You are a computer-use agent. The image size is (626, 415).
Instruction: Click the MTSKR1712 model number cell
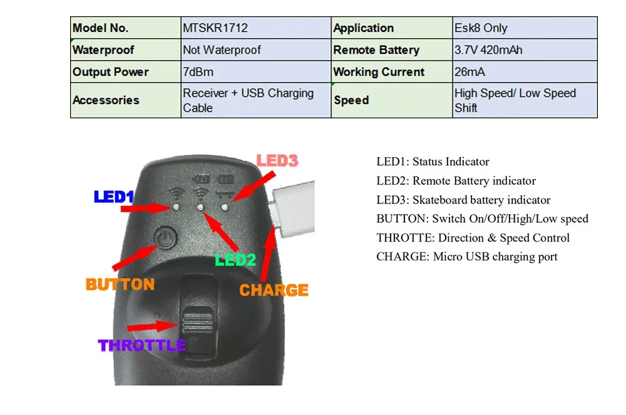click(x=215, y=28)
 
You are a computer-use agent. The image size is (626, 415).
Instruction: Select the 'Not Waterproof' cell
click(x=222, y=50)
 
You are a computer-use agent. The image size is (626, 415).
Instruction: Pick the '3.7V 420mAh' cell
click(x=488, y=50)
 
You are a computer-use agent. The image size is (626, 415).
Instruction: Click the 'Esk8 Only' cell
click(x=481, y=28)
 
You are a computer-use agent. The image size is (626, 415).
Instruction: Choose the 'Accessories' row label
click(x=106, y=100)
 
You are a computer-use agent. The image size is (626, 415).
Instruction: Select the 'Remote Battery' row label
click(x=376, y=50)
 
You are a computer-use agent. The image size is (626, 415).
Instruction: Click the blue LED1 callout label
click(x=114, y=197)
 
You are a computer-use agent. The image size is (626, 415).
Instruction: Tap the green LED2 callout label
click(x=235, y=260)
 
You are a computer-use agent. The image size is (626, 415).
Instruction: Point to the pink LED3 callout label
click(x=277, y=161)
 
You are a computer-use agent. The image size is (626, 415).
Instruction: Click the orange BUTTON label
click(x=120, y=285)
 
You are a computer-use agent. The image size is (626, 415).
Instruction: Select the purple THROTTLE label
click(x=142, y=345)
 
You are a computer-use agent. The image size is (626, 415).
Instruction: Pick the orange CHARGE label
click(x=274, y=290)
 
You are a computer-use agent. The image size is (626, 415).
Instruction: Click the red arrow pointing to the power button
click(x=135, y=257)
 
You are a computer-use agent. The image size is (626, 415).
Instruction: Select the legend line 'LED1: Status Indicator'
click(x=433, y=162)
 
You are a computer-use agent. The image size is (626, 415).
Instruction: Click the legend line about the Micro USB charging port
click(x=466, y=257)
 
